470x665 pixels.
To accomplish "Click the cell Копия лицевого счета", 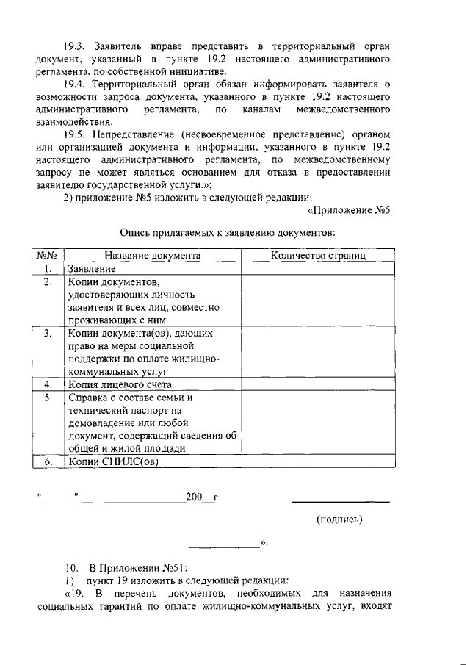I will (x=120, y=384).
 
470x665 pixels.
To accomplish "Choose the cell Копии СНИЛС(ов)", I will (x=113, y=462).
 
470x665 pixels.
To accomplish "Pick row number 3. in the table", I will (x=48, y=334).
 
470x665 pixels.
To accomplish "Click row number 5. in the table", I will (x=48, y=398).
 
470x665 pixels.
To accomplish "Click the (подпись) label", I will (x=339, y=520).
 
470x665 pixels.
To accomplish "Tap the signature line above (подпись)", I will (x=341, y=501).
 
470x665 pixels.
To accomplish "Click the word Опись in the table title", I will (x=136, y=232).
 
